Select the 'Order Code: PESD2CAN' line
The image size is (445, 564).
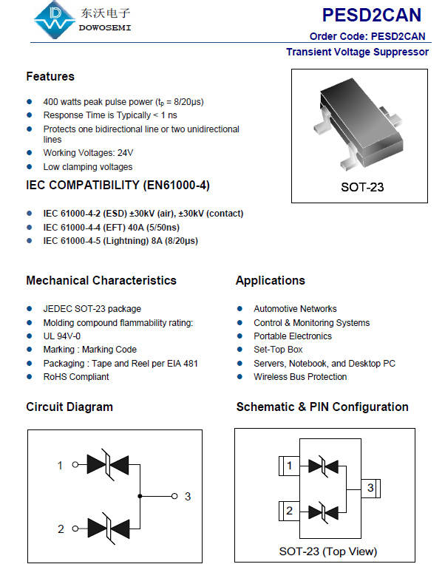367,36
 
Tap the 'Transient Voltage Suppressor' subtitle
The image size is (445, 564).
357,52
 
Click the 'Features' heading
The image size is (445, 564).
50,76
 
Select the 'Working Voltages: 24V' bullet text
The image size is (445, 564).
88,153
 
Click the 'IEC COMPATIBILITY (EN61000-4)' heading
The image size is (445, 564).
118,185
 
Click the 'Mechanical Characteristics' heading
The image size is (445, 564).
101,280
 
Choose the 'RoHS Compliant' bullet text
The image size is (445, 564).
75,376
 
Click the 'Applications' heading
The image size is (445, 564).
270,280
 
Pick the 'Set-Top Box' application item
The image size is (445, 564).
278,349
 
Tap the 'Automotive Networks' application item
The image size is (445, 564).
295,308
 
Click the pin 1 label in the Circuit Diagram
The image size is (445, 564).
61,465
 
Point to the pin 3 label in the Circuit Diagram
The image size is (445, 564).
188,496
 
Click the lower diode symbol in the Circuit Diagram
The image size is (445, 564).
108,529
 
